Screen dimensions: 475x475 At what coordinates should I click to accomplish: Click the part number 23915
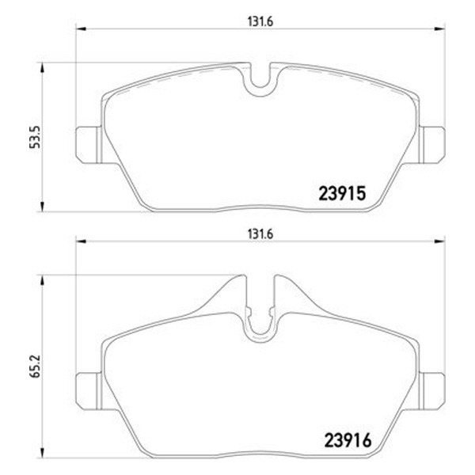point(342,193)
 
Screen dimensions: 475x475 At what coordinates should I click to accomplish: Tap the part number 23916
point(348,441)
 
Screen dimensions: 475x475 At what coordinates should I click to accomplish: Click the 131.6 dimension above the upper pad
point(260,22)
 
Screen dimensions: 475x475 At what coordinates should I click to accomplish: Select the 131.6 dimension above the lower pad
point(260,234)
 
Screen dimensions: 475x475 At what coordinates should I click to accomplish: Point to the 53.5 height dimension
point(35,137)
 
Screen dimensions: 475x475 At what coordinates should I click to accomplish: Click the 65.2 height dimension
point(35,367)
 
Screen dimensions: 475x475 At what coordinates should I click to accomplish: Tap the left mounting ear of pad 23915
point(89,146)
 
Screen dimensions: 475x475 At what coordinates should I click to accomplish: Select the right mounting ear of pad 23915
point(432,146)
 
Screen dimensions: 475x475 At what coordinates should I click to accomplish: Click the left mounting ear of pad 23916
point(89,391)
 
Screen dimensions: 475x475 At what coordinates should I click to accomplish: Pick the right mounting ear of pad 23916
point(432,391)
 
